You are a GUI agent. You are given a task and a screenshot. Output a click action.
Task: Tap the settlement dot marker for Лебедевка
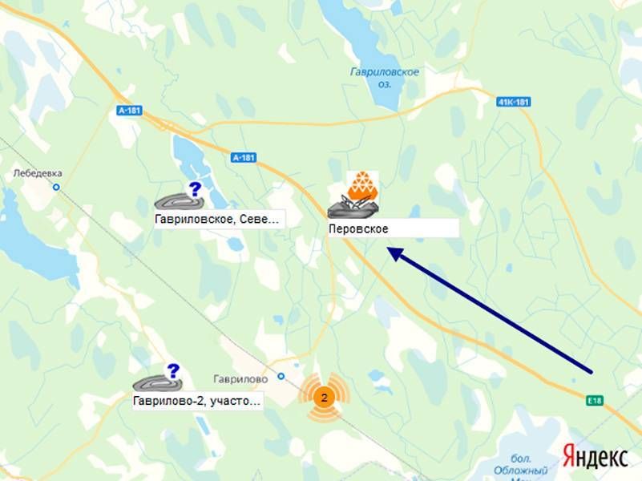coord(56,188)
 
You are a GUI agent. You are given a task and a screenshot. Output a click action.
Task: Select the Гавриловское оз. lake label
coord(386,78)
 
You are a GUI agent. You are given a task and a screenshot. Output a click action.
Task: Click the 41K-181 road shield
coord(514,102)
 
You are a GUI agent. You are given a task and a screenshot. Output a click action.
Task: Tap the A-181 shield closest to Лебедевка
coord(128,111)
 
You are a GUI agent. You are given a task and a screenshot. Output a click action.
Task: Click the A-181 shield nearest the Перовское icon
coord(243,158)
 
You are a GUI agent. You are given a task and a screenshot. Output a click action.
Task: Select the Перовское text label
coord(358,228)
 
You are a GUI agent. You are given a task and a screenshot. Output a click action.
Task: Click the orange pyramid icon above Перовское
coord(362,186)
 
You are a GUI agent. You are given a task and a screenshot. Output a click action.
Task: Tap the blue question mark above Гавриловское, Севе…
coord(194,189)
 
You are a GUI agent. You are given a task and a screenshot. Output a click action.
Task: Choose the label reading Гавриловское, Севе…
coord(218,218)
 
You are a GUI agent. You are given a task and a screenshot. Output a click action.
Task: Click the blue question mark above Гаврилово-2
coord(172,370)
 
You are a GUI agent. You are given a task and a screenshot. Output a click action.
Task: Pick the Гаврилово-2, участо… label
coord(197,402)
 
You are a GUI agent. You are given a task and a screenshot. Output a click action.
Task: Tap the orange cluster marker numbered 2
coord(323,397)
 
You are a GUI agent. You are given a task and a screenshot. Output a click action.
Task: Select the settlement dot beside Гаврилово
coord(281,376)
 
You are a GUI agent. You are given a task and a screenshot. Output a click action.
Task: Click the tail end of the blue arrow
coord(591,372)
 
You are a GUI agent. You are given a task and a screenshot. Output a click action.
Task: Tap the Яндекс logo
coord(595,457)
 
